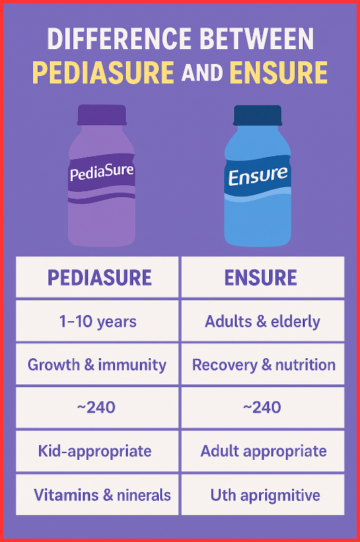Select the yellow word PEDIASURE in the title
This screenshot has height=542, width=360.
(105, 72)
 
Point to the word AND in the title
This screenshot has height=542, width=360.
(206, 73)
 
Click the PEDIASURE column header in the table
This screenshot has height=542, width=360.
(99, 277)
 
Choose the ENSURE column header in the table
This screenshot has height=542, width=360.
(262, 277)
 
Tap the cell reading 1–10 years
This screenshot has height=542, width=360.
(98, 320)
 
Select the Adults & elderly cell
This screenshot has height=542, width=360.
(262, 320)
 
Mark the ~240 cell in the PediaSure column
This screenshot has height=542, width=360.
(98, 407)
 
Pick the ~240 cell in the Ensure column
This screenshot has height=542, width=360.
(262, 407)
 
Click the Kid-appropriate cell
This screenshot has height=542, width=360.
(98, 451)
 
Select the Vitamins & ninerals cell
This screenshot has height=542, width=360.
(102, 496)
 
